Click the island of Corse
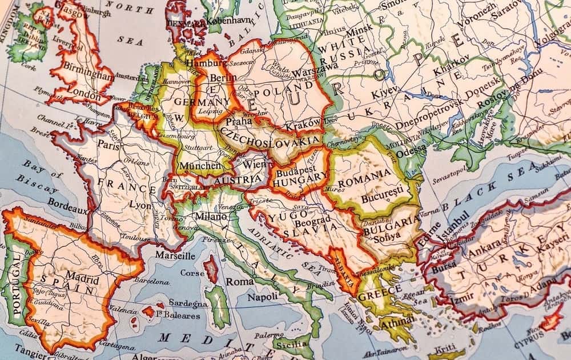212,269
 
